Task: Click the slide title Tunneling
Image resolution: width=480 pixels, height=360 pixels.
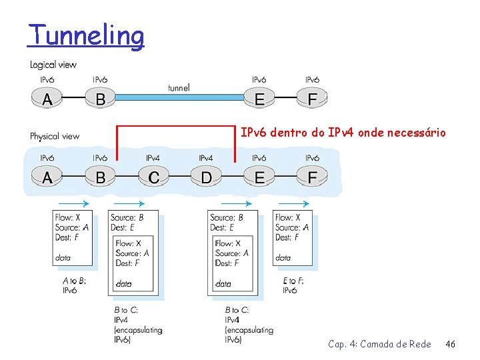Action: pyautogui.click(x=85, y=35)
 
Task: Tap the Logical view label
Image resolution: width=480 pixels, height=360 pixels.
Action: pyautogui.click(x=53, y=65)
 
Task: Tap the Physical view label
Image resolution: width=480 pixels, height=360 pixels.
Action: pyautogui.click(x=55, y=136)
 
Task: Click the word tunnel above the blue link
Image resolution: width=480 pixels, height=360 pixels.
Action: pyautogui.click(x=179, y=87)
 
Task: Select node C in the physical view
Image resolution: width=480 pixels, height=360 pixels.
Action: pyautogui.click(x=153, y=178)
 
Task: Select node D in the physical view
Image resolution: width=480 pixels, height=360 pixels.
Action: pyautogui.click(x=206, y=178)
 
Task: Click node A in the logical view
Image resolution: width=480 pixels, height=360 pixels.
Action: pyautogui.click(x=47, y=100)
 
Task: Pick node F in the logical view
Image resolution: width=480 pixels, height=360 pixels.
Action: pyautogui.click(x=312, y=100)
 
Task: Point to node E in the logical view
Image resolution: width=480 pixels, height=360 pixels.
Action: pyautogui.click(x=259, y=100)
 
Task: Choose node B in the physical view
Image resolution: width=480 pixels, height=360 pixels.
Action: pyautogui.click(x=100, y=178)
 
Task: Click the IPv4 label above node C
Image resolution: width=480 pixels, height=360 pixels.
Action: pyautogui.click(x=153, y=158)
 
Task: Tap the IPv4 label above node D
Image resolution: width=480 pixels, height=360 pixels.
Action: pyautogui.click(x=206, y=158)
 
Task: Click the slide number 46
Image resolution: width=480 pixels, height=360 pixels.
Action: pyautogui.click(x=450, y=344)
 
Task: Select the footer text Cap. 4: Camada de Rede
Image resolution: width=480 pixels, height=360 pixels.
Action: pyautogui.click(x=379, y=344)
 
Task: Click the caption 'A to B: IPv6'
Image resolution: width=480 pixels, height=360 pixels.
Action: pyautogui.click(x=74, y=285)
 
